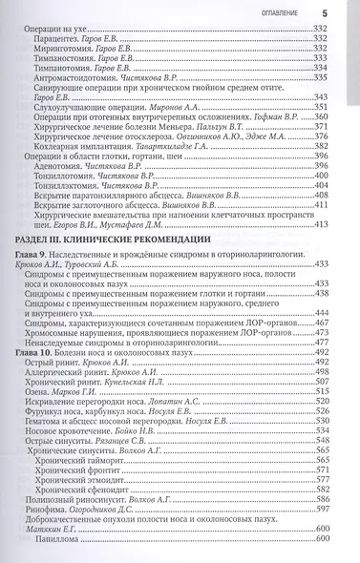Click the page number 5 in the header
[x=324, y=11]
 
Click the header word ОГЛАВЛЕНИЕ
[x=278, y=12]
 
